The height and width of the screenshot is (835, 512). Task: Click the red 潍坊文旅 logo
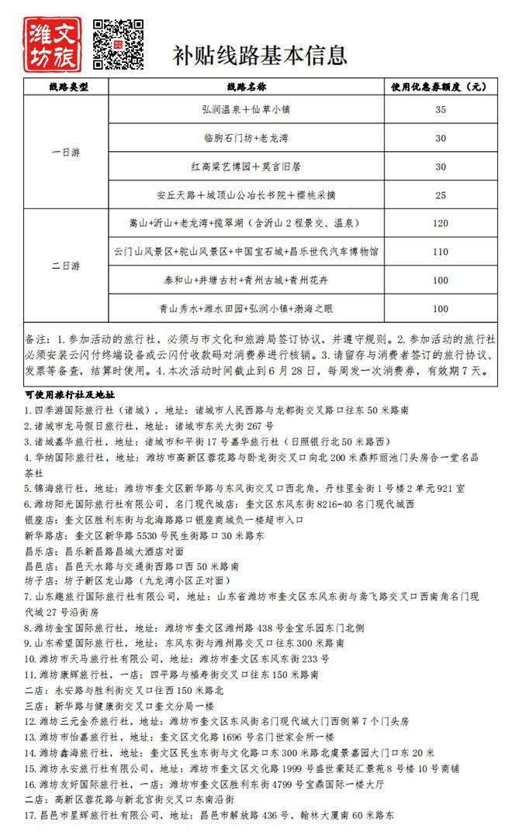coord(54,44)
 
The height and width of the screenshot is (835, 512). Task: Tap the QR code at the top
coord(118,44)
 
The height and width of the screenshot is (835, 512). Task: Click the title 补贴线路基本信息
coord(259,56)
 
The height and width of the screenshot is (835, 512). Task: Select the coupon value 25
coord(441,194)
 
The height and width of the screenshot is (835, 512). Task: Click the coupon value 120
coord(441,223)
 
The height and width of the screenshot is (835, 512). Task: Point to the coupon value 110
coord(441,252)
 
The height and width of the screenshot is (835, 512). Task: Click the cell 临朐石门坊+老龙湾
coord(247,139)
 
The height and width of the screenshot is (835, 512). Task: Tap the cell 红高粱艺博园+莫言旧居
coord(247,167)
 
